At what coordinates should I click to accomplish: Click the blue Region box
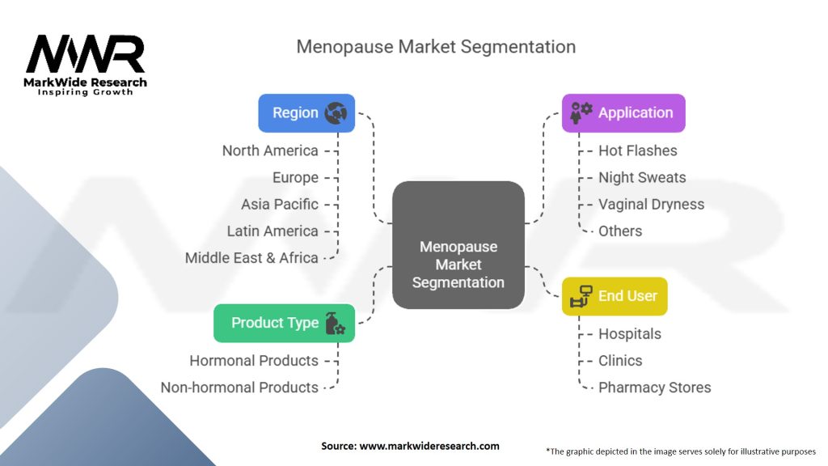pos(306,113)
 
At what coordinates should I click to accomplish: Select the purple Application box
pos(623,113)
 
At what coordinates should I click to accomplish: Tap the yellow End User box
pos(615,296)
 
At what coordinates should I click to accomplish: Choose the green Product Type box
pos(284,323)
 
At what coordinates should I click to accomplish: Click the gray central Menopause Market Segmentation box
pos(458,245)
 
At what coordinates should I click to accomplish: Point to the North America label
pos(270,150)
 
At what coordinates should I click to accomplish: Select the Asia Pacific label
pos(279,205)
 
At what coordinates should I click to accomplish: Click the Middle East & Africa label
pos(251,258)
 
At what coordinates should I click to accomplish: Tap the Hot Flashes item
pos(637,150)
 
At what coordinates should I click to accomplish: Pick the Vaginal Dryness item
pos(651,205)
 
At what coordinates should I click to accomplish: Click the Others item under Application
pos(620,231)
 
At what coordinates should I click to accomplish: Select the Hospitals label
pos(629,334)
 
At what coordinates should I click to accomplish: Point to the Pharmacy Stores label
pos(654,388)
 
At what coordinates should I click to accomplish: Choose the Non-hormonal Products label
pos(239,388)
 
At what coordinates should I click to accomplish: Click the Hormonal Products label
pos(254,361)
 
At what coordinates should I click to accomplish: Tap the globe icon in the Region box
pos(336,113)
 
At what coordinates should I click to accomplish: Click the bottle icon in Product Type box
pos(334,324)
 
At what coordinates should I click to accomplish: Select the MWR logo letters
pos(85,54)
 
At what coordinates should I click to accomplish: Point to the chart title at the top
pos(436,46)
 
